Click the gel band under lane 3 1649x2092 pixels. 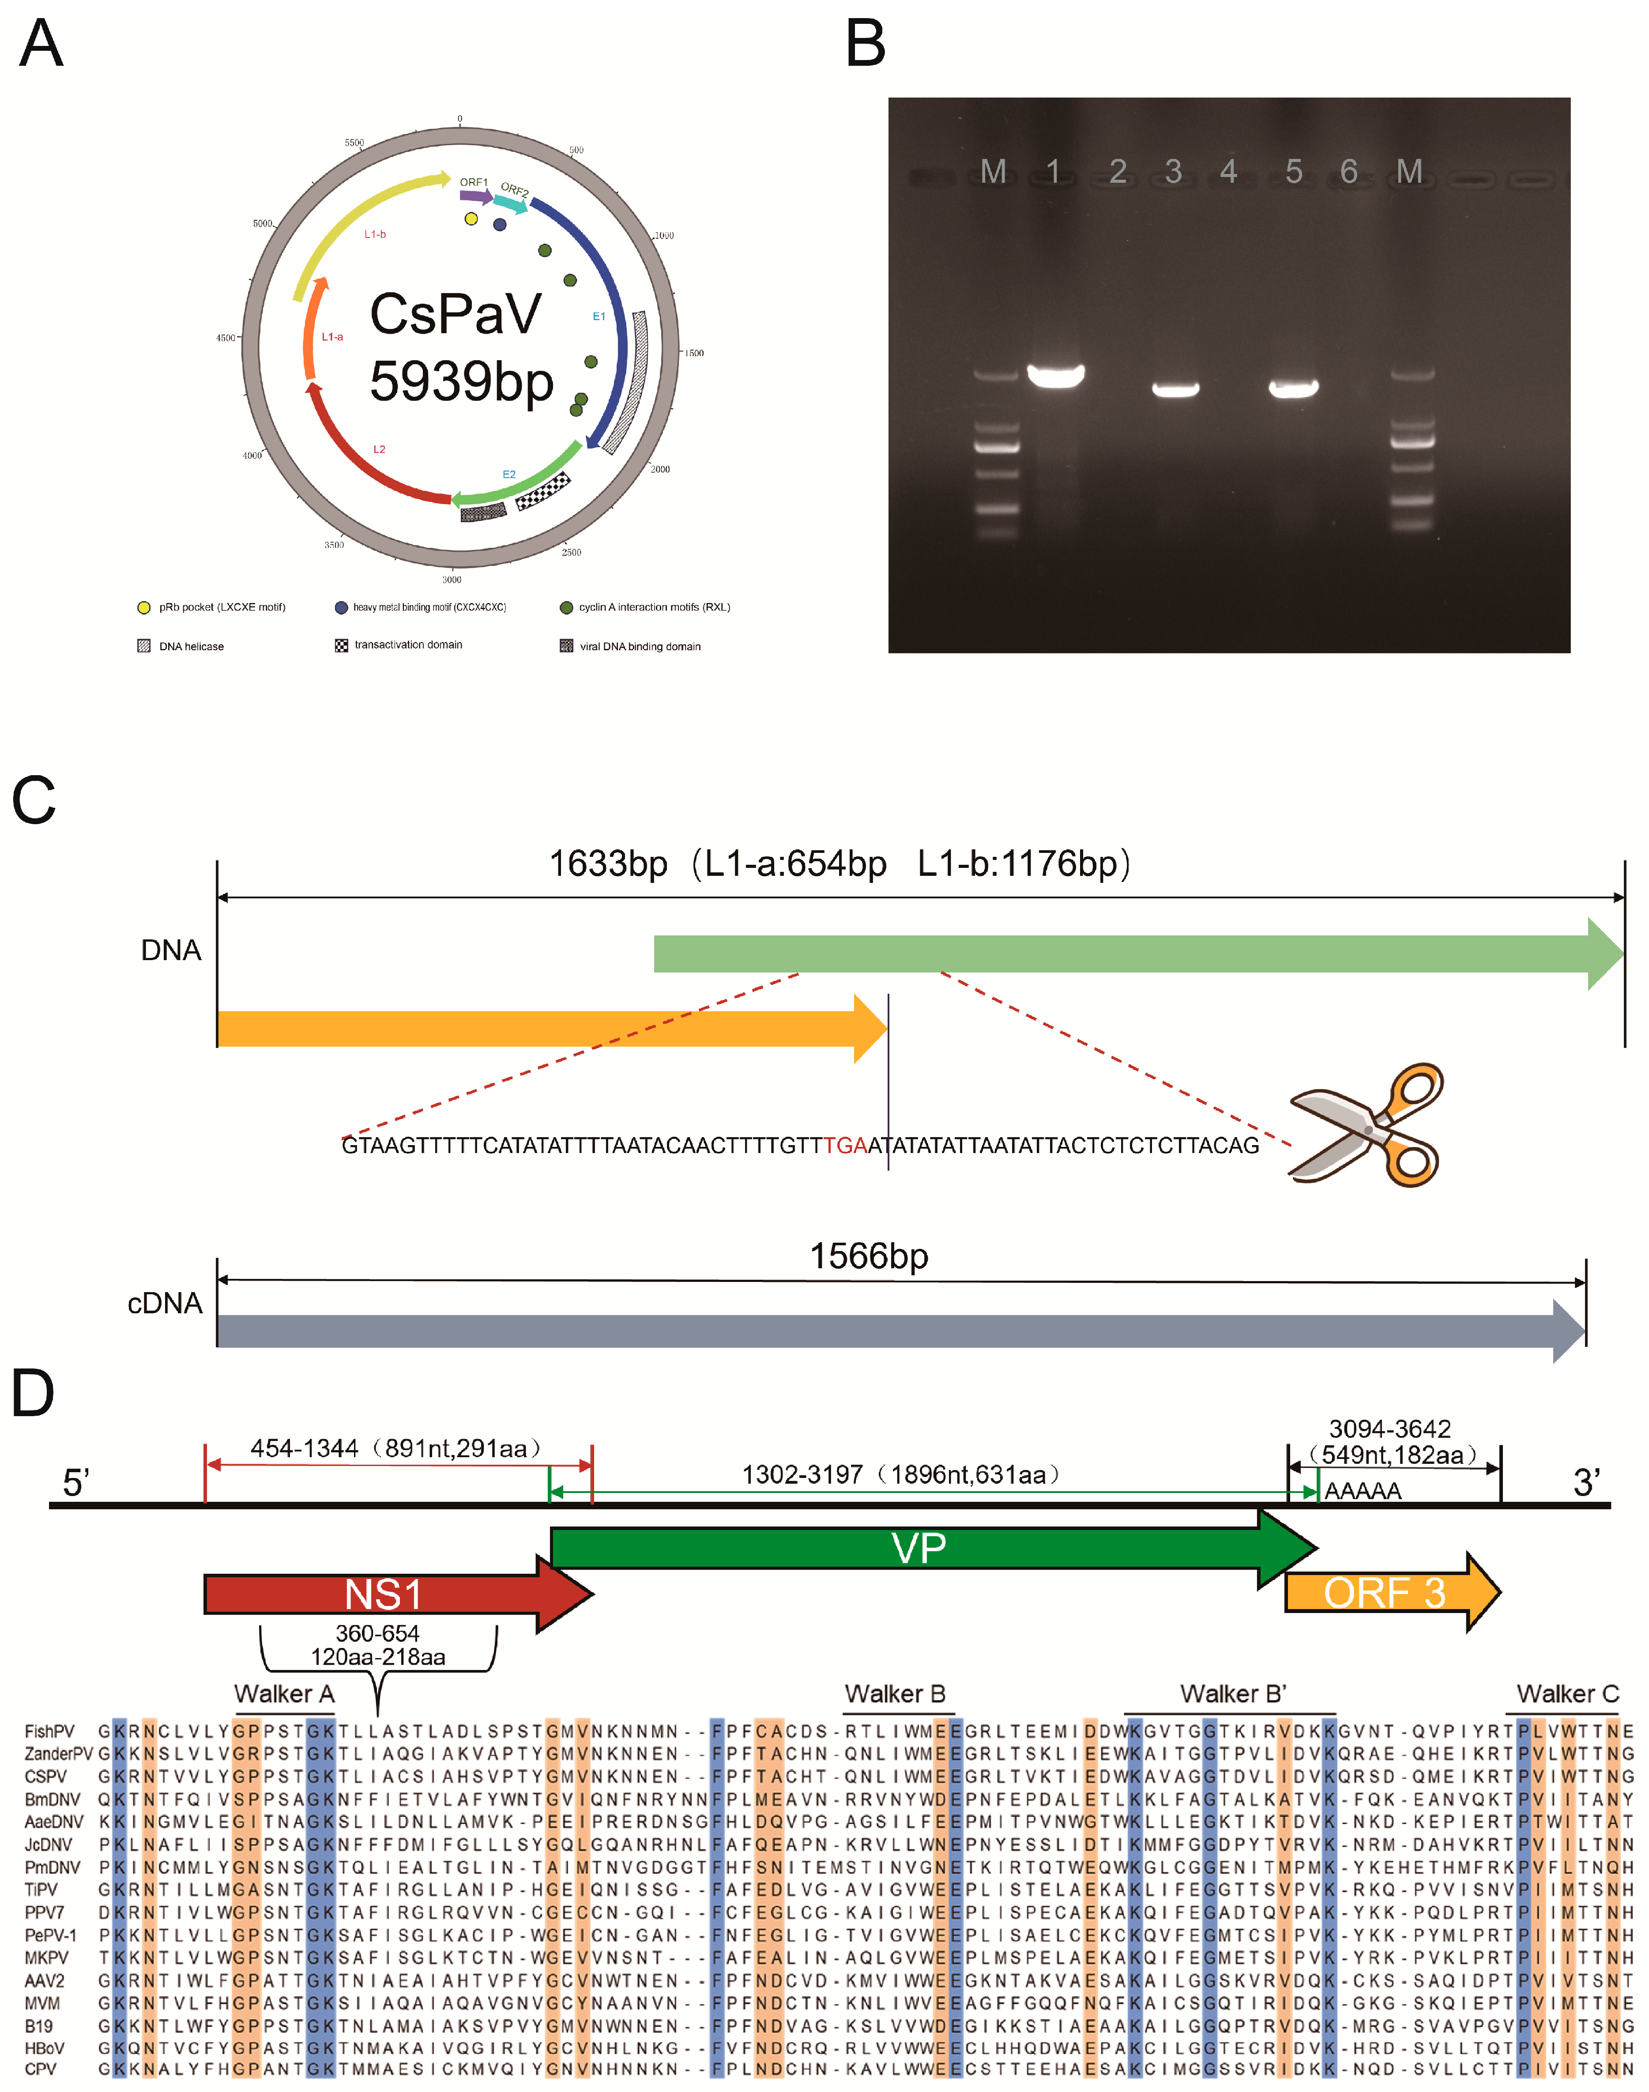point(1175,389)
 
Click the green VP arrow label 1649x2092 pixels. point(918,1549)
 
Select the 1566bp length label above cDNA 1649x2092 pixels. point(869,1256)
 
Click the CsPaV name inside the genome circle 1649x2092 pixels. point(456,314)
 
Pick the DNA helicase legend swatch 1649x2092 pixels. point(144,646)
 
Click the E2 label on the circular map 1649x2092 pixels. point(509,474)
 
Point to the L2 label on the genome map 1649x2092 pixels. point(380,449)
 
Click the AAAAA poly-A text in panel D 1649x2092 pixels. point(1362,1492)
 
